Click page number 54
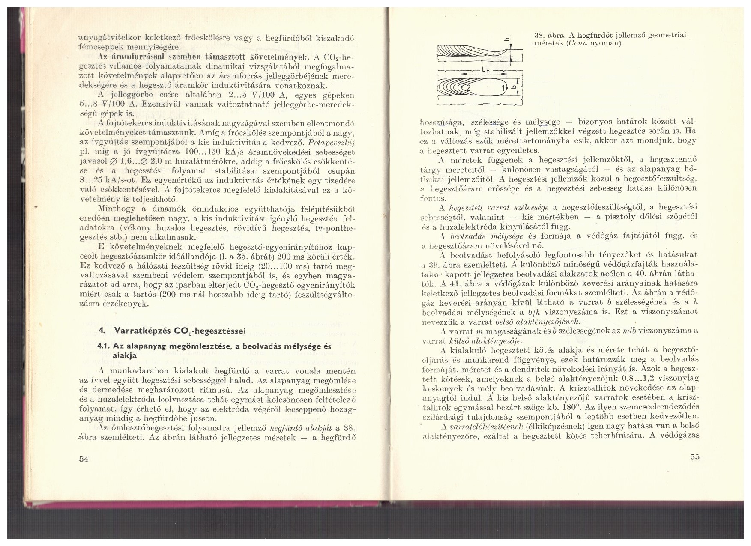click(x=84, y=459)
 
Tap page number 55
click(x=695, y=456)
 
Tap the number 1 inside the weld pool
click(x=504, y=88)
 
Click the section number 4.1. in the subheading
click(x=105, y=346)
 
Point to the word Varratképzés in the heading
click(x=136, y=330)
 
